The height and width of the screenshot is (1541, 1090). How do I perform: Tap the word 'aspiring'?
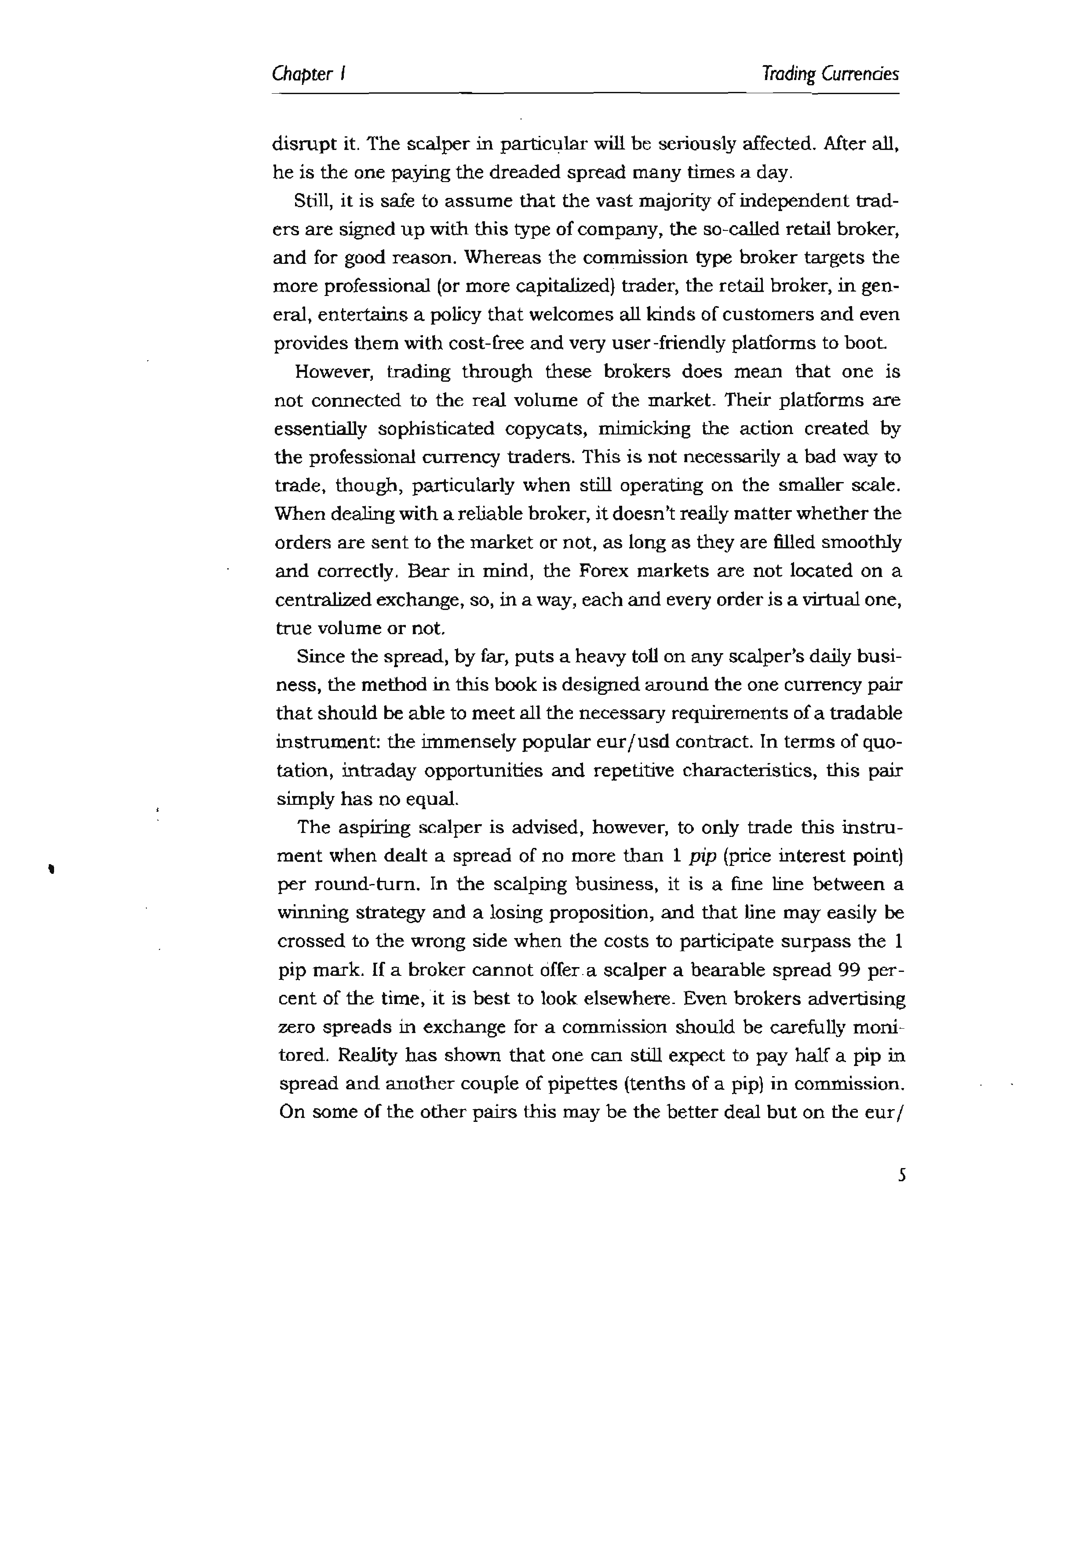366,828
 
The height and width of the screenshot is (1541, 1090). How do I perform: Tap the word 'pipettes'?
561,1084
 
